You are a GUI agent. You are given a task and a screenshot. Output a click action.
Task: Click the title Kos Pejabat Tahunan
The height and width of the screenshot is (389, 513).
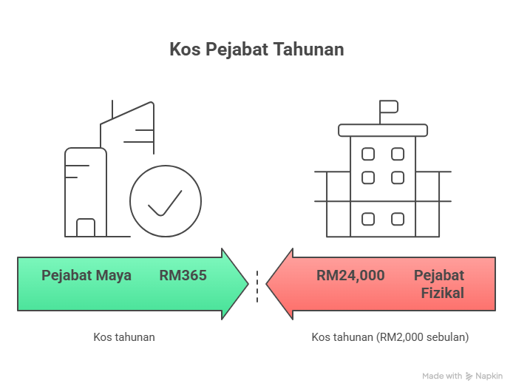click(256, 50)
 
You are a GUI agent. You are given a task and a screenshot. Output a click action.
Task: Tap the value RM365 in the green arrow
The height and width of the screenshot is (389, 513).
click(183, 276)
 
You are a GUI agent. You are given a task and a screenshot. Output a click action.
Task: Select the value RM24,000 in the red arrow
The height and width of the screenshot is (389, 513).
click(350, 276)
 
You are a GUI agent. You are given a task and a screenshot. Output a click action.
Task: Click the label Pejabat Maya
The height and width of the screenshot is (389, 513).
click(86, 276)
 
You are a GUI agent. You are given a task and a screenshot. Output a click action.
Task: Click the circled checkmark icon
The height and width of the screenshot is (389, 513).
click(166, 201)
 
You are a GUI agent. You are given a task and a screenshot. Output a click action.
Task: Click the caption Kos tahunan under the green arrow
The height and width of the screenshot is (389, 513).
click(124, 336)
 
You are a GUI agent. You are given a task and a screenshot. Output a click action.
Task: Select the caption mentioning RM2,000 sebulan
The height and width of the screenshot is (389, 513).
click(390, 336)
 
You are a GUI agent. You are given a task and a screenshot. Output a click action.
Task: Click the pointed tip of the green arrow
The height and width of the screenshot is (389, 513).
click(247, 284)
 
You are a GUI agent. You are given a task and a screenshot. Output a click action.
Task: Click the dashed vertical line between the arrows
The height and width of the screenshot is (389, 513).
click(257, 286)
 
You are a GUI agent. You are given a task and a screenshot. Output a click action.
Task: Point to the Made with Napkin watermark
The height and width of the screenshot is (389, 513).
click(462, 376)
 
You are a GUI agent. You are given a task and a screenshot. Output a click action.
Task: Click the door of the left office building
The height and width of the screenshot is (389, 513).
click(86, 227)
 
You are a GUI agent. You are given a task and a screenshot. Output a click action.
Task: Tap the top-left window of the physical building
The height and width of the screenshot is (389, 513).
click(367, 155)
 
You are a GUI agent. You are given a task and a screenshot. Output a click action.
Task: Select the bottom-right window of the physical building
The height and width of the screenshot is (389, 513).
click(398, 219)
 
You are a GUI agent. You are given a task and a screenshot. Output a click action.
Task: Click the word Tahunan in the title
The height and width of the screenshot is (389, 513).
click(308, 50)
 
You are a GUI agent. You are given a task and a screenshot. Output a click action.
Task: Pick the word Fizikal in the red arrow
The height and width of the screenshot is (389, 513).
click(443, 293)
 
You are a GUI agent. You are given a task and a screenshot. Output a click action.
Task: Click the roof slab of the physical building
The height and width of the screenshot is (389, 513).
click(383, 130)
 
